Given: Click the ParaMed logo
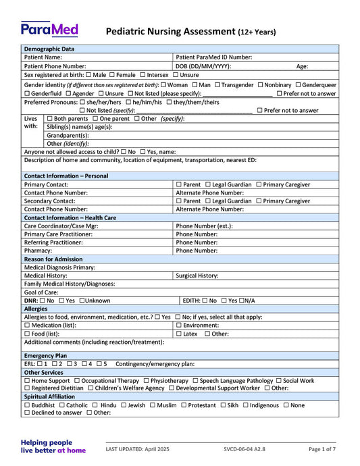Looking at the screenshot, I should (49, 29).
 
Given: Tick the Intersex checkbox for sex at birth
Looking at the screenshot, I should (143, 75).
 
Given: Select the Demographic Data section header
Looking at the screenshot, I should (49, 49).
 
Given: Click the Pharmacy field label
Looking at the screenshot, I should (38, 251).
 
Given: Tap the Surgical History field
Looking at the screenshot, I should (256, 276).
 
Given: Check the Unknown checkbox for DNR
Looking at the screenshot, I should (81, 301).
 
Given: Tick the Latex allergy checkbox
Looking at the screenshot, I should (178, 334).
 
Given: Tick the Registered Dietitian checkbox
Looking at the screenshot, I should (27, 388).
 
